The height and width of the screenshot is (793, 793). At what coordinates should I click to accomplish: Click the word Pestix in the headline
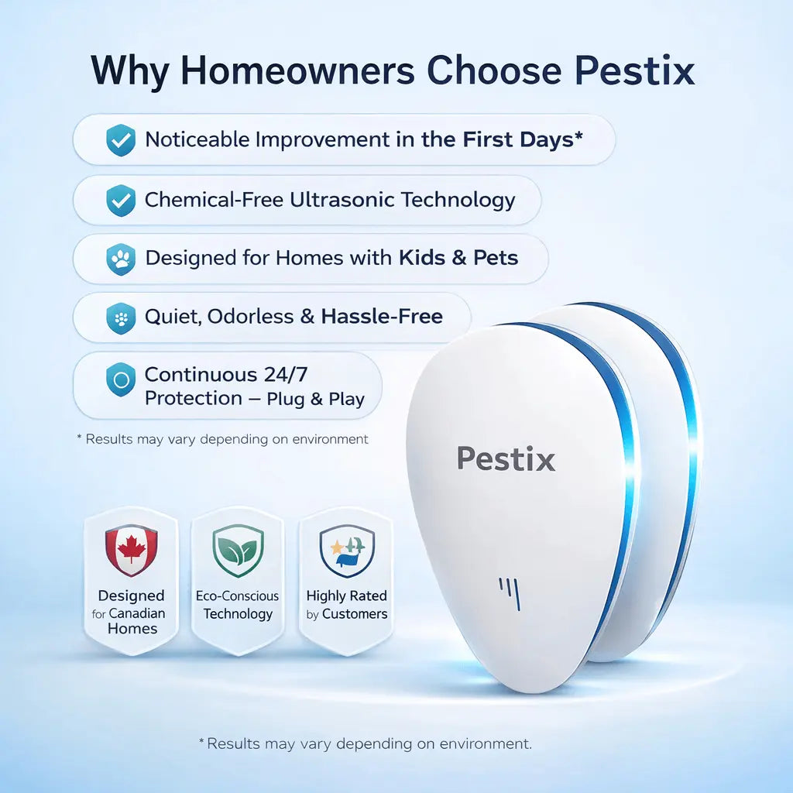(x=634, y=70)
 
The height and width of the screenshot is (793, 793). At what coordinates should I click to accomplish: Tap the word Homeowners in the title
(x=298, y=70)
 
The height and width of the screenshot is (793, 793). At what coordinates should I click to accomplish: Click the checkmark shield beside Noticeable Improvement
(x=121, y=140)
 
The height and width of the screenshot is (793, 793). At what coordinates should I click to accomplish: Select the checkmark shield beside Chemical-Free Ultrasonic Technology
(x=121, y=201)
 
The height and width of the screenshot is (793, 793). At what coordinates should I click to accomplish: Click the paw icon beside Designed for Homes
(x=121, y=259)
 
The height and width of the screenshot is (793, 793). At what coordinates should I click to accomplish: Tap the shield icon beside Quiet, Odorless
(x=121, y=318)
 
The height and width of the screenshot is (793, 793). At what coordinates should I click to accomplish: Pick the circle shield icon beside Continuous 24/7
(x=121, y=379)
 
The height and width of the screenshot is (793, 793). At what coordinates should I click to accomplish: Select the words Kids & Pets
(x=458, y=258)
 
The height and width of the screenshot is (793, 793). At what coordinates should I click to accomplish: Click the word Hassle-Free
(x=382, y=317)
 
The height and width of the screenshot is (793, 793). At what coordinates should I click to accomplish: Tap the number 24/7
(x=286, y=375)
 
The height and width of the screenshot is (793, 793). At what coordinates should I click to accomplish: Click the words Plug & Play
(x=316, y=399)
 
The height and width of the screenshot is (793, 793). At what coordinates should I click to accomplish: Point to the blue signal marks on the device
(x=510, y=593)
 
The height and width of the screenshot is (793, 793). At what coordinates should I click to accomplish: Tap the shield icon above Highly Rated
(x=347, y=551)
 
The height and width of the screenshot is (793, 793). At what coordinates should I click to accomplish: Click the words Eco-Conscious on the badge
(x=237, y=596)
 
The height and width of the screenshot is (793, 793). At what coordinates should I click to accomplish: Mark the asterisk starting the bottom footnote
(x=201, y=741)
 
